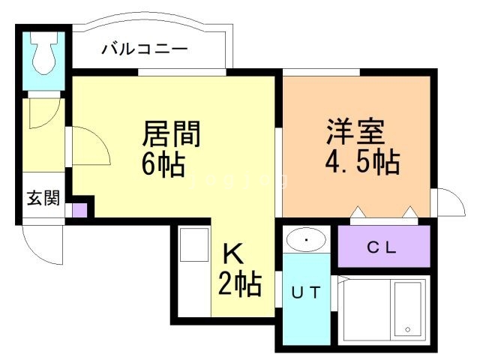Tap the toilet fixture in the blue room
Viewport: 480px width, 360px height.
pyautogui.click(x=44, y=55)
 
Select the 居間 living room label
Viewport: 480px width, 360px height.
pyautogui.click(x=172, y=135)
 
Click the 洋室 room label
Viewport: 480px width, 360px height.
pyautogui.click(x=355, y=133)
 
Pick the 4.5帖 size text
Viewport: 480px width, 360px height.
pyautogui.click(x=361, y=161)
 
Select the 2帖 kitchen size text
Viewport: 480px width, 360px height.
pyautogui.click(x=239, y=283)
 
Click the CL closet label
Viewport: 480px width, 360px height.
pyautogui.click(x=382, y=247)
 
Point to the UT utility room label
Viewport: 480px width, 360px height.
pyautogui.click(x=306, y=292)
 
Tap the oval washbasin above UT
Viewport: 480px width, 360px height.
pyautogui.click(x=306, y=239)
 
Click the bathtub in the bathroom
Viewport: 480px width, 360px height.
pyautogui.click(x=409, y=308)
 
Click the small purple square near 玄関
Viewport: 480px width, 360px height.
pyautogui.click(x=79, y=210)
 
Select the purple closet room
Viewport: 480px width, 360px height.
pyautogui.click(x=383, y=246)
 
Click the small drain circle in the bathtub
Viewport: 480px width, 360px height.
pyautogui.click(x=407, y=329)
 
